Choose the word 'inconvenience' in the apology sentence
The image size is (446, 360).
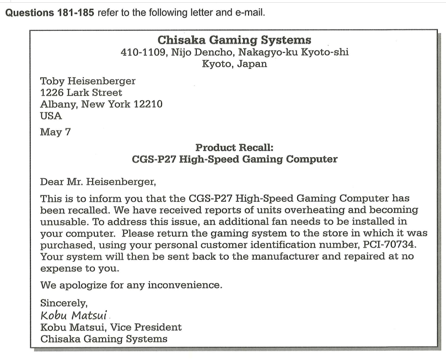pos(180,287)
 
